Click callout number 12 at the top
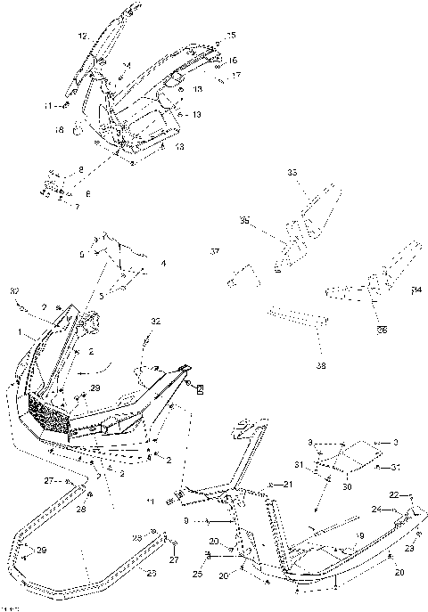(x=82, y=37)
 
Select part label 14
(x=127, y=66)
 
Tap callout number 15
(x=231, y=35)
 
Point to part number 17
(x=236, y=76)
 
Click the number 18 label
(x=59, y=130)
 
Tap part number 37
(x=214, y=252)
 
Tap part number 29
(x=95, y=388)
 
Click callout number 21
(x=287, y=484)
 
